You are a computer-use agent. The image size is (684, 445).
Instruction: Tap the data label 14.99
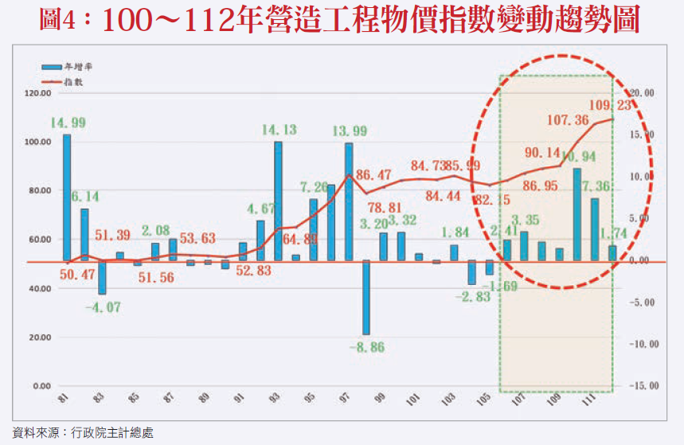click(x=68, y=123)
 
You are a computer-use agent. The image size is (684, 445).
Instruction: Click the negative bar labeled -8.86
click(x=366, y=297)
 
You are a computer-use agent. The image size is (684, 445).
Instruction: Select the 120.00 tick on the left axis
click(x=39, y=93)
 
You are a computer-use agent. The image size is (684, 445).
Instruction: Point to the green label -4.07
click(x=103, y=306)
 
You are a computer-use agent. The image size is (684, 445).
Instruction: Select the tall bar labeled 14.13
click(x=278, y=201)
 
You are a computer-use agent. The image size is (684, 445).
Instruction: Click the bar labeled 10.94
click(x=577, y=214)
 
